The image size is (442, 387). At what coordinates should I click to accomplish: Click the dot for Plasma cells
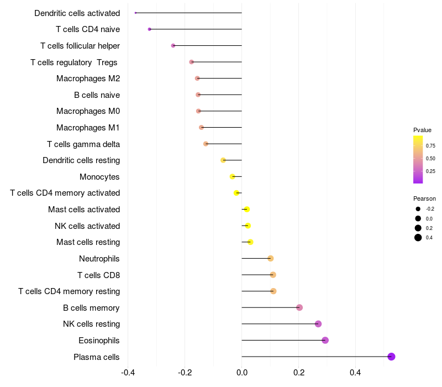click(391, 357)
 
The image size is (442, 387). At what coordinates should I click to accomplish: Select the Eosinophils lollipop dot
click(325, 340)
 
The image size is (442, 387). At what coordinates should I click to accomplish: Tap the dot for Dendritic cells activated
click(135, 13)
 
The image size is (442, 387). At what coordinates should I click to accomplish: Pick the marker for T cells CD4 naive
click(149, 29)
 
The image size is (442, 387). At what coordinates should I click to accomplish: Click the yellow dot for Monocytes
click(232, 176)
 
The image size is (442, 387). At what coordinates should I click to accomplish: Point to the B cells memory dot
click(299, 307)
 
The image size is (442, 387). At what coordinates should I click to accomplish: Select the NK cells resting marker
click(318, 324)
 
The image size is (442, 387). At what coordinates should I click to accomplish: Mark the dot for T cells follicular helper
click(173, 45)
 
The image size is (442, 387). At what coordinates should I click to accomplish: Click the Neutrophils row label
click(99, 259)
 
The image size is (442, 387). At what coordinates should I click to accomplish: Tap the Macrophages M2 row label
click(88, 79)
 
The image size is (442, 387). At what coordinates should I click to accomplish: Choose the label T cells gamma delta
click(83, 144)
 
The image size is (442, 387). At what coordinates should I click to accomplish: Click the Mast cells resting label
click(88, 242)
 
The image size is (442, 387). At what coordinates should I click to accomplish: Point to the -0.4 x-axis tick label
click(128, 373)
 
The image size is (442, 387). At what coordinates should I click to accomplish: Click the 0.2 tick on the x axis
click(299, 373)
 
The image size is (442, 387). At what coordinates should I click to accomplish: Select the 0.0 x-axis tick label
click(242, 373)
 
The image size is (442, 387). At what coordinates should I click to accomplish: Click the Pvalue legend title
click(422, 130)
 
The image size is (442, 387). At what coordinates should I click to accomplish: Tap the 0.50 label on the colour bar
click(430, 159)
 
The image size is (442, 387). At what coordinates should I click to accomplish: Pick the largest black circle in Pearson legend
click(418, 238)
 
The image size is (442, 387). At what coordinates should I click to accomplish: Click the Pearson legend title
click(424, 198)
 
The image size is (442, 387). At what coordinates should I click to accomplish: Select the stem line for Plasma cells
click(316, 357)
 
